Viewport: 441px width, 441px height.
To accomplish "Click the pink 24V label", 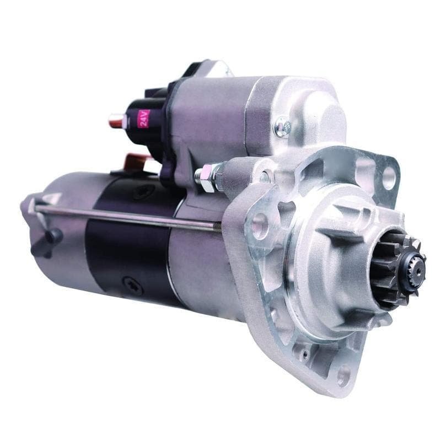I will (143, 118).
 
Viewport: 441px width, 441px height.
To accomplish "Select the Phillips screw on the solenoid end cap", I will (283, 127).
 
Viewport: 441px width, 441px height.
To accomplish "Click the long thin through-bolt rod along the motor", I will (127, 216).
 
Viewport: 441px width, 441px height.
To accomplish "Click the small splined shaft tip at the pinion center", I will (417, 271).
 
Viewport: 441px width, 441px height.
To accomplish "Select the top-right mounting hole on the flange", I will (389, 178).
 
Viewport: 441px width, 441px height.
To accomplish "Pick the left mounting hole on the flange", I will (259, 225).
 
